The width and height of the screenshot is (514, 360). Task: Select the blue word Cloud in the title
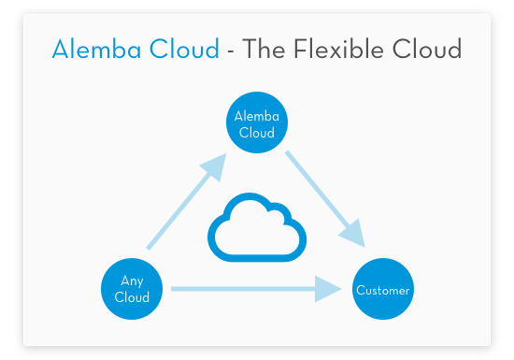point(185,50)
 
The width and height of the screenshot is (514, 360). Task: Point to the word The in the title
point(264,50)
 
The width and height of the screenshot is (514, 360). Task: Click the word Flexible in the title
point(342,50)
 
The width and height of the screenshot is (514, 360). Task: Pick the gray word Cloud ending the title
point(432,50)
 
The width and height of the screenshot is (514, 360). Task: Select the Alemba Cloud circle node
point(256,124)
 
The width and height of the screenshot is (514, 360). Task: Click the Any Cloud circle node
point(131,289)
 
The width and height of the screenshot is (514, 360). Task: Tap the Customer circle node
point(382,290)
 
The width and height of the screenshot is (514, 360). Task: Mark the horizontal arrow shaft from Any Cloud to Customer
point(243,289)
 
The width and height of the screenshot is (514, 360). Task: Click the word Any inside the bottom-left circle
point(131,281)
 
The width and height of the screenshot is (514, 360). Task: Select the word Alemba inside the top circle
point(256,117)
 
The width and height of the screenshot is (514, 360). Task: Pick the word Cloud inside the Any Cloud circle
point(131,297)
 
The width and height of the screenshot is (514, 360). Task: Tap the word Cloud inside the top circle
point(256,133)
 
